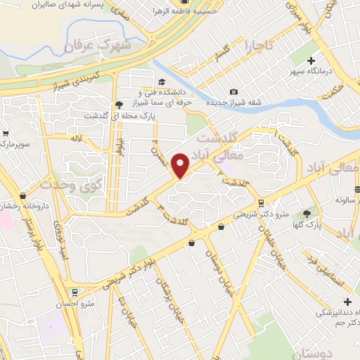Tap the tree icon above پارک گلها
coord(306,214)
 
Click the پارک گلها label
coord(307,224)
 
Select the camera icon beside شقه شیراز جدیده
coord(233,92)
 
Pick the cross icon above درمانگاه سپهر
coord(310,61)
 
